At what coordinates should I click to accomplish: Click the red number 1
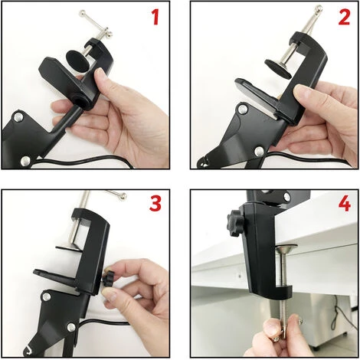click(155, 17)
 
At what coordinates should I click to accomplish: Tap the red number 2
click(345, 17)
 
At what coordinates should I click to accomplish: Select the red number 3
click(155, 203)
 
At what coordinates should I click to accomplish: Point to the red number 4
click(345, 204)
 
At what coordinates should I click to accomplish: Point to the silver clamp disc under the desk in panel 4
click(287, 248)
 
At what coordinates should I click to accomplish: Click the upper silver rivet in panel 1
click(18, 117)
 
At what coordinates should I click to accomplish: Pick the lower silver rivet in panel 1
click(25, 161)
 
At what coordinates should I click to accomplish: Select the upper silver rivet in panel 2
click(243, 110)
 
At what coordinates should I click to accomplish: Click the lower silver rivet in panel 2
click(259, 152)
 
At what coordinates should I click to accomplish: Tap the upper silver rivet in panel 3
click(47, 296)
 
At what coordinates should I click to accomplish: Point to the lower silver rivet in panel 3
click(71, 327)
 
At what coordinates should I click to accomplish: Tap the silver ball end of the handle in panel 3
click(123, 195)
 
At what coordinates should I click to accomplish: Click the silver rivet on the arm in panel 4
click(287, 196)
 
